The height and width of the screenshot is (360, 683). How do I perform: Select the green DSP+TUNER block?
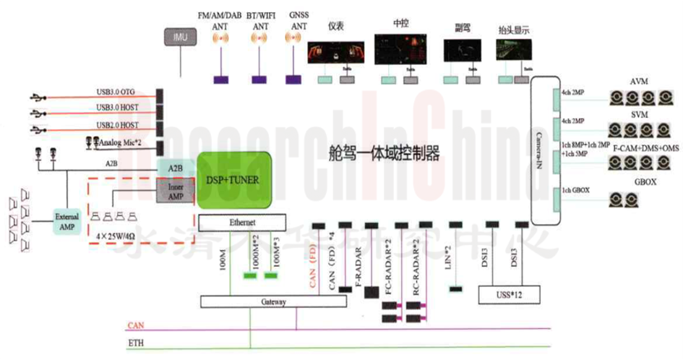[234, 180]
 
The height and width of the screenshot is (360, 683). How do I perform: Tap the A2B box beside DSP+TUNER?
[176, 168]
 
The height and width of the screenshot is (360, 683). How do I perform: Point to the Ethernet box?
[242, 223]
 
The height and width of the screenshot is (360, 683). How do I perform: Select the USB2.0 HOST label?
[119, 126]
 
